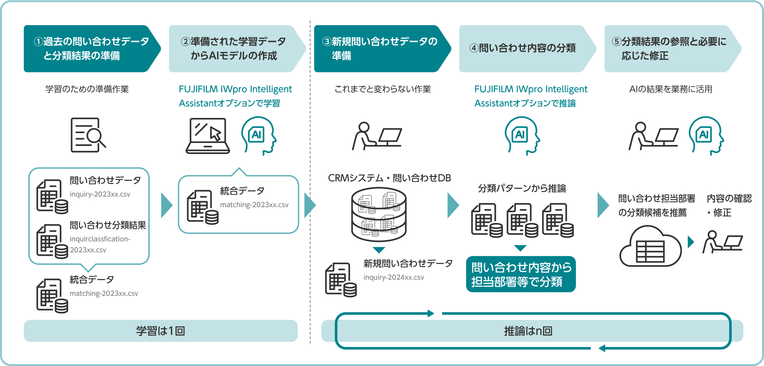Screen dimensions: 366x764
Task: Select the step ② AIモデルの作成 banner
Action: tap(234, 49)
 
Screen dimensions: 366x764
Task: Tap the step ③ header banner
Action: tap(379, 49)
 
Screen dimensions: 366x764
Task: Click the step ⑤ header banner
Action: tap(669, 49)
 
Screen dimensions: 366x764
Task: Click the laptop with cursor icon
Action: tap(208, 136)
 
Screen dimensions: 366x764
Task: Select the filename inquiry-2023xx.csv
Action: tap(100, 194)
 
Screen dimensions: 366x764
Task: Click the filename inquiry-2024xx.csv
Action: tap(394, 277)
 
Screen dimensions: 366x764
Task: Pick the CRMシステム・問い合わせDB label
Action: tap(389, 178)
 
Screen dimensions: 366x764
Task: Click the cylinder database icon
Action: tap(379, 214)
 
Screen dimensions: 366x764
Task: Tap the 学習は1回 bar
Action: tap(160, 331)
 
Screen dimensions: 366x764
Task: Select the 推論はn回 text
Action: tap(528, 331)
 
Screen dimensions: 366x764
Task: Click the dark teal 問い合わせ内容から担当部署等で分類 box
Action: tap(521, 274)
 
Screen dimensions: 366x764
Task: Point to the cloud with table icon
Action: tap(650, 246)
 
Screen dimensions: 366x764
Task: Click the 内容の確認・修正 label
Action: tap(729, 205)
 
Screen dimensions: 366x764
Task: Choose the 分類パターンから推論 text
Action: tap(522, 188)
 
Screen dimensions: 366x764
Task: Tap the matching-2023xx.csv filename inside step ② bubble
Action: tap(254, 205)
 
